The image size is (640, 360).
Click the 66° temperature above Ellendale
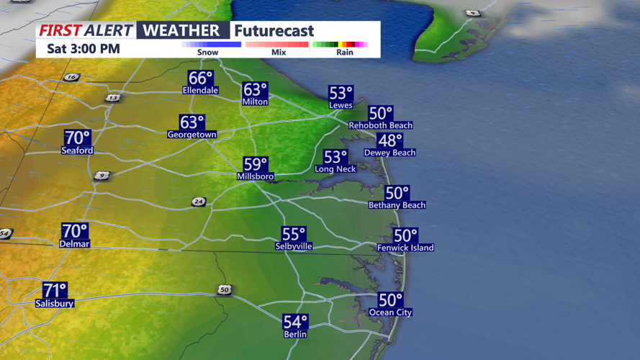tap(201, 78)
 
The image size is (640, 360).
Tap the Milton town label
tap(255, 102)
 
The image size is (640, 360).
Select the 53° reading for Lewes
tap(341, 94)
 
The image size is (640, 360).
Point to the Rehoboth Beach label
tap(380, 125)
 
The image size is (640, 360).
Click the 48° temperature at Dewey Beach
tap(390, 140)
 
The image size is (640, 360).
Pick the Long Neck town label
tap(335, 169)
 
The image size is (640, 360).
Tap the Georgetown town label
tap(191, 135)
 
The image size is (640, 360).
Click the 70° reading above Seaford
tap(78, 138)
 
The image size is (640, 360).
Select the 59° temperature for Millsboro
tap(255, 164)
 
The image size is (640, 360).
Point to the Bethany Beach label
tap(397, 205)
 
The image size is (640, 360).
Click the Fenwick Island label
tap(405, 248)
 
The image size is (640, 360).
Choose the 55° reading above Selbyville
tap(294, 234)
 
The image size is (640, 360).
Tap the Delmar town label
tap(74, 244)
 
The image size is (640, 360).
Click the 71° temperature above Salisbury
tap(55, 290)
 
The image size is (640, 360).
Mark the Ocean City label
tap(390, 312)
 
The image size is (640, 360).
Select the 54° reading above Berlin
tap(295, 322)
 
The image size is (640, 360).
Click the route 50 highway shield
tap(225, 289)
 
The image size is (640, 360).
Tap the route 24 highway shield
tap(199, 202)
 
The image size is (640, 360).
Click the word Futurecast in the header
tap(274, 31)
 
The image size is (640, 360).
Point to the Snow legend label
tap(208, 53)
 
